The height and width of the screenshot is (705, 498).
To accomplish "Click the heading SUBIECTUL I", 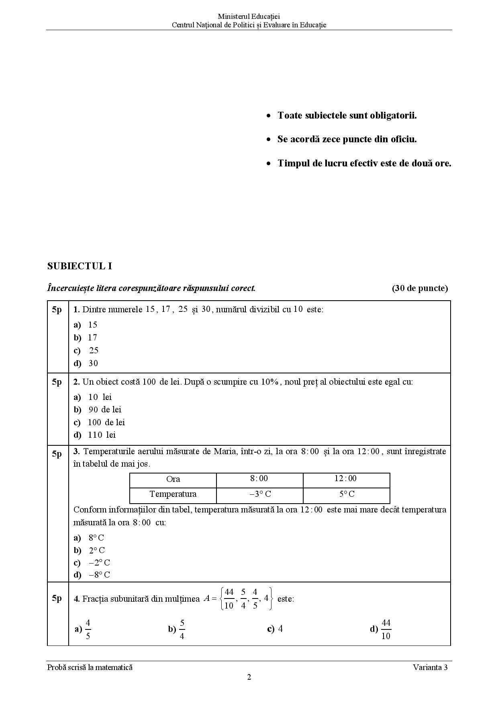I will click(80, 266).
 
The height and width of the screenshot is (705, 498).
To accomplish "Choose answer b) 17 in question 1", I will click(86, 338).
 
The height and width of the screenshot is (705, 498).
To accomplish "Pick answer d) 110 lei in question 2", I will click(95, 435).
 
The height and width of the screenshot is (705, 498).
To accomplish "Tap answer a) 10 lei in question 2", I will click(93, 397).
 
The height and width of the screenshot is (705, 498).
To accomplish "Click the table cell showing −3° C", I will click(260, 494).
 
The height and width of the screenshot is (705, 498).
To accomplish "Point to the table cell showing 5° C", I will click(347, 494).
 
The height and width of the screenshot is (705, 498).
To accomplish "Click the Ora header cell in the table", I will click(173, 479).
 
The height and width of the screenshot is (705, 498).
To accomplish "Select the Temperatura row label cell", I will click(173, 494).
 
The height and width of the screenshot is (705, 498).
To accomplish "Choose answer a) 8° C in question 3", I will click(89, 538).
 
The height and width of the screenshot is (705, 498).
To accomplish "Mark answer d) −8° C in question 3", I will click(92, 575).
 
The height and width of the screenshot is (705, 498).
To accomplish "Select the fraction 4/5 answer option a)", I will click(84, 629).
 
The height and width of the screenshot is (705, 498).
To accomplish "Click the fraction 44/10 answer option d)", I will click(380, 629).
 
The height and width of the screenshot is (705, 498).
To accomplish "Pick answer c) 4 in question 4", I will click(275, 629).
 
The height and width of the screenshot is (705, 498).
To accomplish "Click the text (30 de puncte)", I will click(420, 288).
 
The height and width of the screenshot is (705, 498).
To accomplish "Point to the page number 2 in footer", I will click(249, 677).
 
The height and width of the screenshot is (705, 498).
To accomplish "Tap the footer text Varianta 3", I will click(430, 667).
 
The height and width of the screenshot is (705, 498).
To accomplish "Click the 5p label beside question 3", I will click(57, 454).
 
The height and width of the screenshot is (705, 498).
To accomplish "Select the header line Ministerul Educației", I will click(249, 16).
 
